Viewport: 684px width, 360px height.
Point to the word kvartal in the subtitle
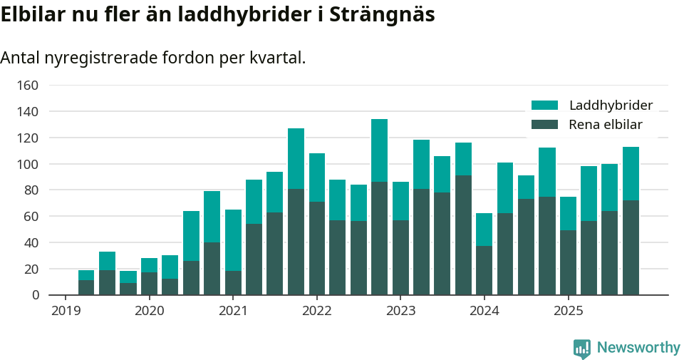(x=276, y=58)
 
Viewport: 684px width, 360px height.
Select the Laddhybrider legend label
(x=611, y=106)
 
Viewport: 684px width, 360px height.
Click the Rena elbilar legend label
(x=605, y=125)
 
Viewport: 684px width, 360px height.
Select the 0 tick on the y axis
(x=34, y=295)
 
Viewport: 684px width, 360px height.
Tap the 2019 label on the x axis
(x=66, y=311)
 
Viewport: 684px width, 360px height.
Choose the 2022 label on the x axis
(x=316, y=311)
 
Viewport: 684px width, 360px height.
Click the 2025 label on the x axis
(x=568, y=311)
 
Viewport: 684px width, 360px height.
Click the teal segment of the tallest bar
(x=379, y=150)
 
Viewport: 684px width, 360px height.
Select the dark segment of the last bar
(x=631, y=247)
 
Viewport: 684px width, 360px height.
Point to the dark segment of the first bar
(x=86, y=287)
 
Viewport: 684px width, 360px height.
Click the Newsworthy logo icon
(x=581, y=348)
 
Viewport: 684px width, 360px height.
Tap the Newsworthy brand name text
(x=638, y=348)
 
